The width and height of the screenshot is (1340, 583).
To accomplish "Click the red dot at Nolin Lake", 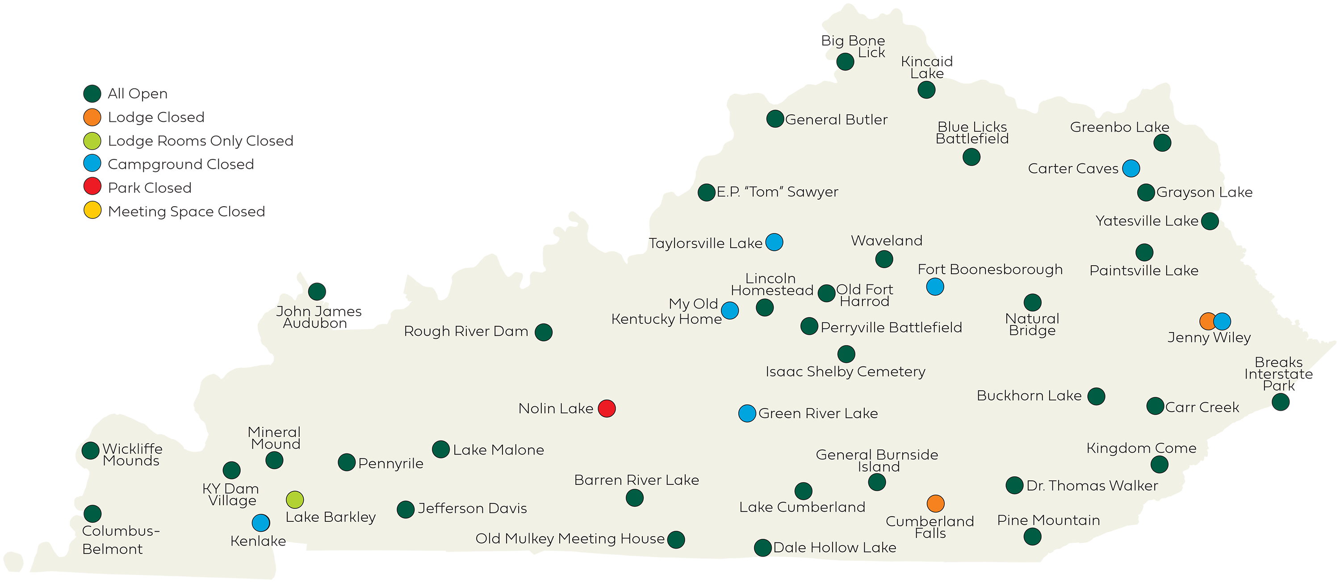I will click(x=607, y=408).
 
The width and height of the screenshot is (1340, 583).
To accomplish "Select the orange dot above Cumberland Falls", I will click(x=935, y=504).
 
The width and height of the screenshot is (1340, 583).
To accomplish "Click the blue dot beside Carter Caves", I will click(x=1131, y=168).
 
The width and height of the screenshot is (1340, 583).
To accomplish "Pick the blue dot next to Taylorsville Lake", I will click(x=774, y=242).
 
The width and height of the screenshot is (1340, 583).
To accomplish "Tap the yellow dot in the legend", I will click(x=92, y=210).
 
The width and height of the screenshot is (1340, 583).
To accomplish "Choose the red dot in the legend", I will click(x=92, y=186).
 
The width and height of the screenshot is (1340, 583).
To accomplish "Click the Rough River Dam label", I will click(x=465, y=331).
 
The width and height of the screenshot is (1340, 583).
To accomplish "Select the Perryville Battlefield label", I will click(x=891, y=327).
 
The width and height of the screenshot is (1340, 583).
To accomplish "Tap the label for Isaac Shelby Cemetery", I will click(x=845, y=371).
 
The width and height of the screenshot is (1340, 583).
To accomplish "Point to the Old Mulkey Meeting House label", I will click(x=569, y=538).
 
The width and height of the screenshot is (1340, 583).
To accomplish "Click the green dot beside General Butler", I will click(x=775, y=119).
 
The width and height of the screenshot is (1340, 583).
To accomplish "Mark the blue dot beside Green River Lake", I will click(x=747, y=413).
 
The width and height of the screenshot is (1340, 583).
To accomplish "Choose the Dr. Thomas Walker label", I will click(x=1092, y=485).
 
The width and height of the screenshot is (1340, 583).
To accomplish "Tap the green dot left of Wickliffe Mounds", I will click(x=91, y=450).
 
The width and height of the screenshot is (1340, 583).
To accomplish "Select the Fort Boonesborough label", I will click(x=990, y=269).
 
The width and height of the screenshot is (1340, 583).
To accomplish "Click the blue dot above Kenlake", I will click(x=260, y=522).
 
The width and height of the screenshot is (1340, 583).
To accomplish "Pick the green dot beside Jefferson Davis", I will click(x=405, y=509).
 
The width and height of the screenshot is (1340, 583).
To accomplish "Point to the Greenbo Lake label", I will click(x=1119, y=127).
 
